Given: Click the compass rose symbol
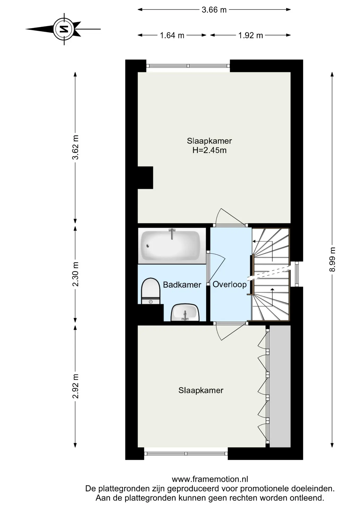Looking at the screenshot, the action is coord(64,29).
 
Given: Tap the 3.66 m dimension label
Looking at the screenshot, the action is coord(214,10).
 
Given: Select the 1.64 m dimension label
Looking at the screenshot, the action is coord(172,35).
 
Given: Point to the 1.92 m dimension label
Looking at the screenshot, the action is coord(251,35).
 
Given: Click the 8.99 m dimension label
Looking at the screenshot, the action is coord(332,260).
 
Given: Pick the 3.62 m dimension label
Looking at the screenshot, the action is coord(76,147).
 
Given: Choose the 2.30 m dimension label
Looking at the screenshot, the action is coord(76,274).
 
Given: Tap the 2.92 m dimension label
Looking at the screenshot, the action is coord(76,386).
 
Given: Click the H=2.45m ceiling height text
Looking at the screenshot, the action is coord(209,150).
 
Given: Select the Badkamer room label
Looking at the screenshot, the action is coord(182,285).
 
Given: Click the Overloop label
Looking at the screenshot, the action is coord(230,284).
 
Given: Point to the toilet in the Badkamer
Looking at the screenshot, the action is coord(151,291).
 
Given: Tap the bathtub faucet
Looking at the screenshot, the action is coord(172,234).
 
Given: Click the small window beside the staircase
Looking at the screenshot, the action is coord(297,274).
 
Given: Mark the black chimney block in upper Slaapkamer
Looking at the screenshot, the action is coord(145,178).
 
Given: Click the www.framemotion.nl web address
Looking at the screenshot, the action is coord(210,479).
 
